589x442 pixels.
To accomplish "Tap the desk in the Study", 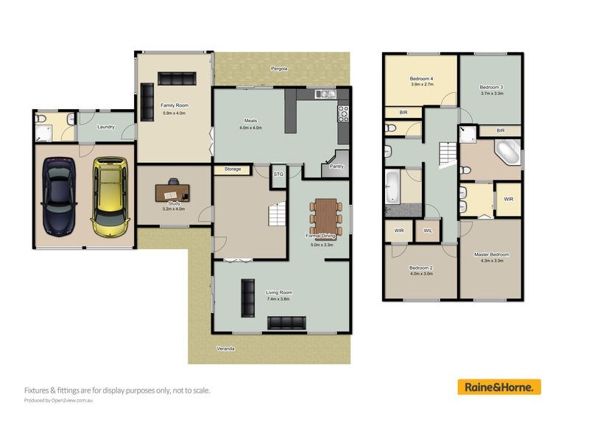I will point(172,190).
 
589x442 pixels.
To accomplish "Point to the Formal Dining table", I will point(325,215).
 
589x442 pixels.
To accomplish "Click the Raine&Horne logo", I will point(499,387).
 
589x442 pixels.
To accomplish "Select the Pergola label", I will point(278,68).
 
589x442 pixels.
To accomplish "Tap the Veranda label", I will point(225,348).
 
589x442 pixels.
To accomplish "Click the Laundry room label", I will point(105,127).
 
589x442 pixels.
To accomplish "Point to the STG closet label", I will point(278,175).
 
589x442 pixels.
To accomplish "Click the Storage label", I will point(233,169).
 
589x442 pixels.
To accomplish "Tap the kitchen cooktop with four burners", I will point(342,113).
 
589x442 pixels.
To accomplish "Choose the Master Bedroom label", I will point(490,255).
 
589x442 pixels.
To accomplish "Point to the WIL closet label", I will point(427,231).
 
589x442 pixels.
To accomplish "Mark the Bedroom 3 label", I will point(491,86).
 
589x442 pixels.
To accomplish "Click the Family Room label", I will point(174,106).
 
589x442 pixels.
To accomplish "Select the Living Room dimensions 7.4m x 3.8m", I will point(279,298).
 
